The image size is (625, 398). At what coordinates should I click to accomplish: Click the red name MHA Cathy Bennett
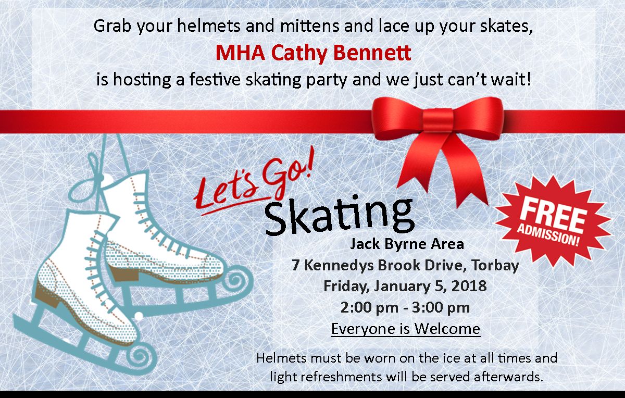(314, 53)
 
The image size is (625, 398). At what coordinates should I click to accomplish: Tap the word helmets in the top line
(209, 26)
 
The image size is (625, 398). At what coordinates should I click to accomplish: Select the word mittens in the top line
(309, 26)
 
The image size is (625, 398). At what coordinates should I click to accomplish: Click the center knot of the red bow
(438, 120)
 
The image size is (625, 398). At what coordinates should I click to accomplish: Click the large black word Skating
(339, 216)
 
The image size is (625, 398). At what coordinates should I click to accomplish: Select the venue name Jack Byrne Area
(407, 244)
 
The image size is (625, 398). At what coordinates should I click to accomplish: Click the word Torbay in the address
(495, 266)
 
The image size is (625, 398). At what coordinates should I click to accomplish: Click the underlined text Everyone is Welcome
(405, 329)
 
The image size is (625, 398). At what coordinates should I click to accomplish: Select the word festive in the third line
(215, 80)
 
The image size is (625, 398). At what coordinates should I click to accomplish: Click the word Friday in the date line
(347, 287)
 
